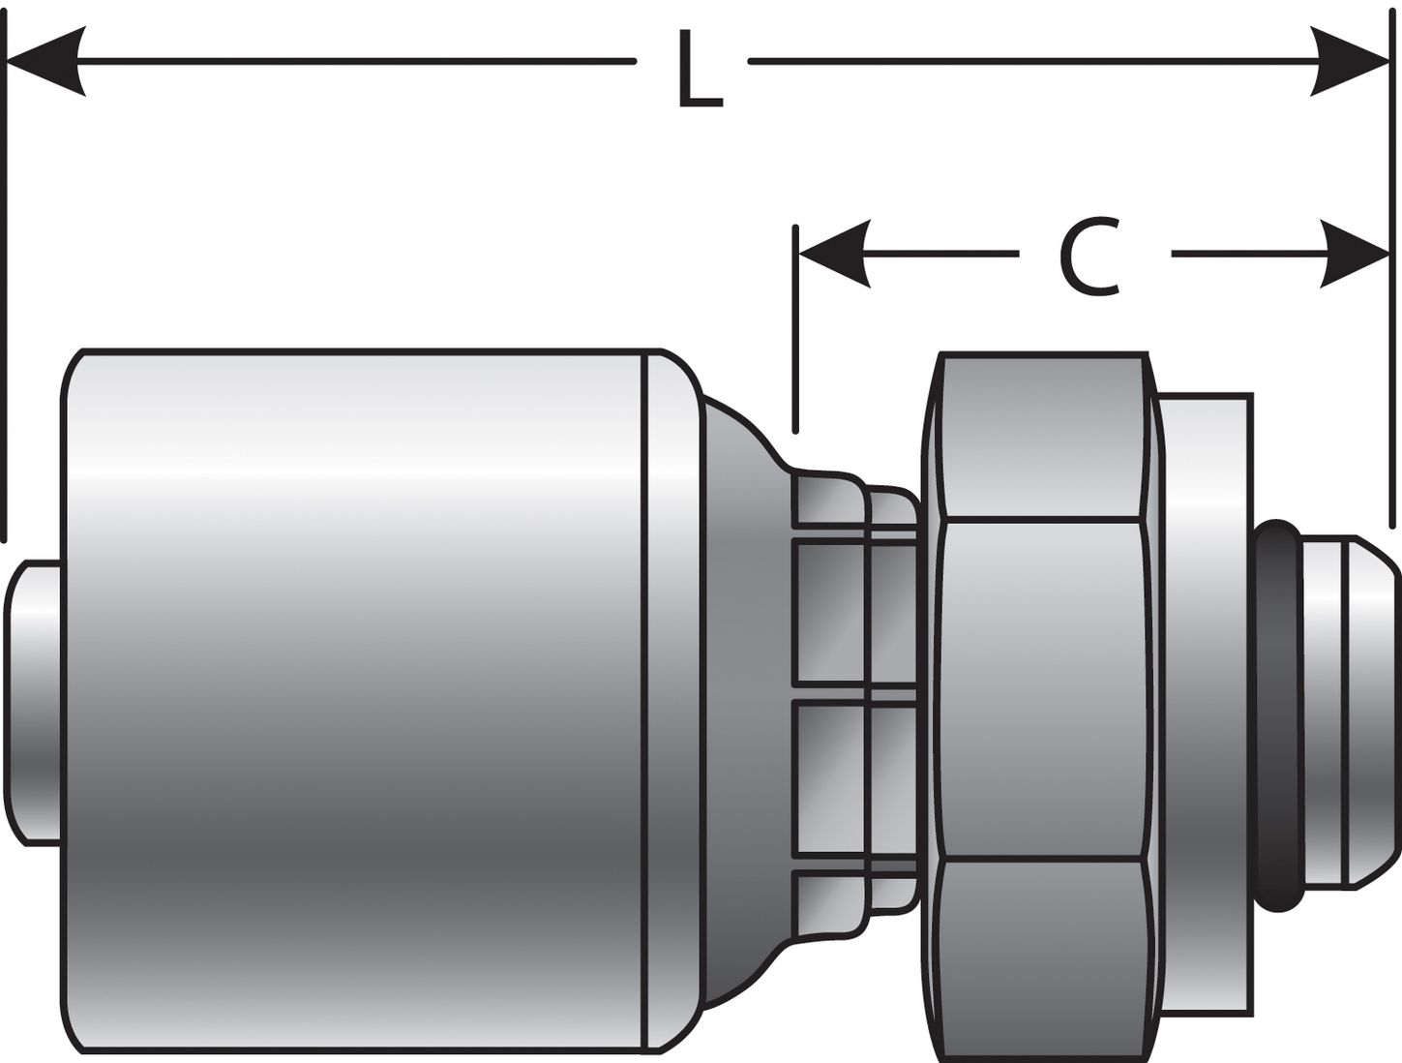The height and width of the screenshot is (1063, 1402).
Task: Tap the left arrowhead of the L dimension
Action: click(45, 61)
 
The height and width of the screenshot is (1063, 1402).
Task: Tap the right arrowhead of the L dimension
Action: click(1353, 61)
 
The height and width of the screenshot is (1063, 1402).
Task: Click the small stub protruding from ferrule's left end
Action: click(34, 702)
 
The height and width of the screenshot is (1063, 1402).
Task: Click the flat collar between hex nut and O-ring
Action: click(1205, 697)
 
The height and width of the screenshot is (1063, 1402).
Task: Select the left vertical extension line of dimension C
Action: click(795, 329)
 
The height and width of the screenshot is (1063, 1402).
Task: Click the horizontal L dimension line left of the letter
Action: click(358, 61)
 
